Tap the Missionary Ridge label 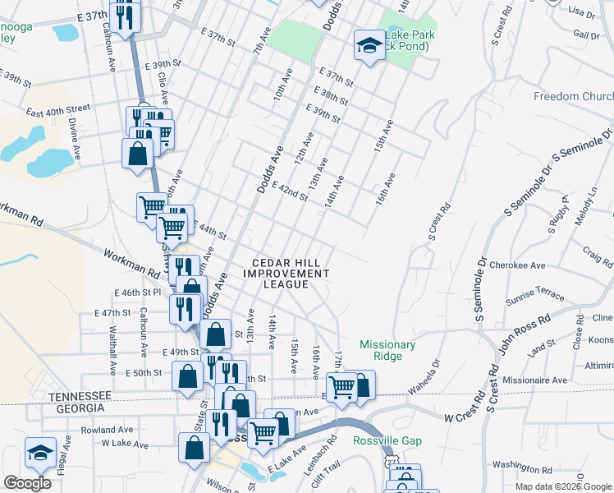point(387,350)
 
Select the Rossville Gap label point(387,441)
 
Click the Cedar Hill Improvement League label point(286,273)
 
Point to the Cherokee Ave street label point(517,266)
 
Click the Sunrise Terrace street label point(538,294)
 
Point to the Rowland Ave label point(107,429)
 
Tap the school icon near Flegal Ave point(39,451)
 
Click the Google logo point(27,483)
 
